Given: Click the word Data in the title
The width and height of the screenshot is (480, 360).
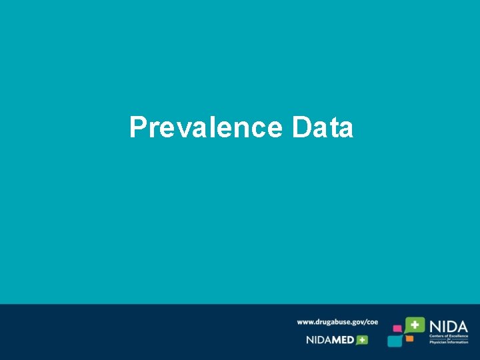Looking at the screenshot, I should (x=323, y=127).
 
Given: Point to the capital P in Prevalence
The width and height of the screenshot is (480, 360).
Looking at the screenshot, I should (x=138, y=127).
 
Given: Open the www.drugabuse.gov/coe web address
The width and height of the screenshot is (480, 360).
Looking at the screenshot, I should (x=337, y=322).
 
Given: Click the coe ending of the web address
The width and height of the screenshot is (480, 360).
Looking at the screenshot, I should (x=371, y=322).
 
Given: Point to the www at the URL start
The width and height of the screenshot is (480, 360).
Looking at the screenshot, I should (x=305, y=322).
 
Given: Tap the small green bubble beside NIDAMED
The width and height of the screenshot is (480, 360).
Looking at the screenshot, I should (x=362, y=339).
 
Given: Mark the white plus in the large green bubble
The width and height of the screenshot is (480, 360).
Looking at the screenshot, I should (x=415, y=325).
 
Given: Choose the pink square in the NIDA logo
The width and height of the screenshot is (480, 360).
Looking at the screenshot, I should (x=397, y=329).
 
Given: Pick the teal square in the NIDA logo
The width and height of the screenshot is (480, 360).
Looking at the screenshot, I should (x=395, y=341).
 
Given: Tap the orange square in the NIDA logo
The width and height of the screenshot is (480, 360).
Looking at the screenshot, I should (x=410, y=339).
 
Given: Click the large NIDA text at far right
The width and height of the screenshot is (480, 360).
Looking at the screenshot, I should (x=448, y=326).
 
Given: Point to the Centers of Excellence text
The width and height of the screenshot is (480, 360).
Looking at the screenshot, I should (x=449, y=336).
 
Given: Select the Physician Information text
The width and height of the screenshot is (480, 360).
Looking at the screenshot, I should (x=449, y=342).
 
